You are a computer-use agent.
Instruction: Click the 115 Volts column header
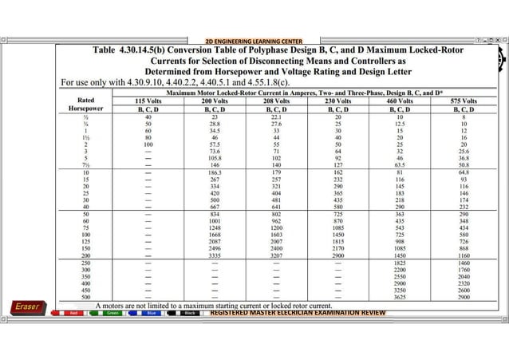click(148, 102)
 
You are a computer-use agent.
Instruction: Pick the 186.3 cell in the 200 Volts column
click(215, 172)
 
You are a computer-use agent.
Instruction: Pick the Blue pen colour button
click(151, 314)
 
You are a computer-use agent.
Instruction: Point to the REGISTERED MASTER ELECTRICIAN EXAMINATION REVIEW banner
click(297, 313)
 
